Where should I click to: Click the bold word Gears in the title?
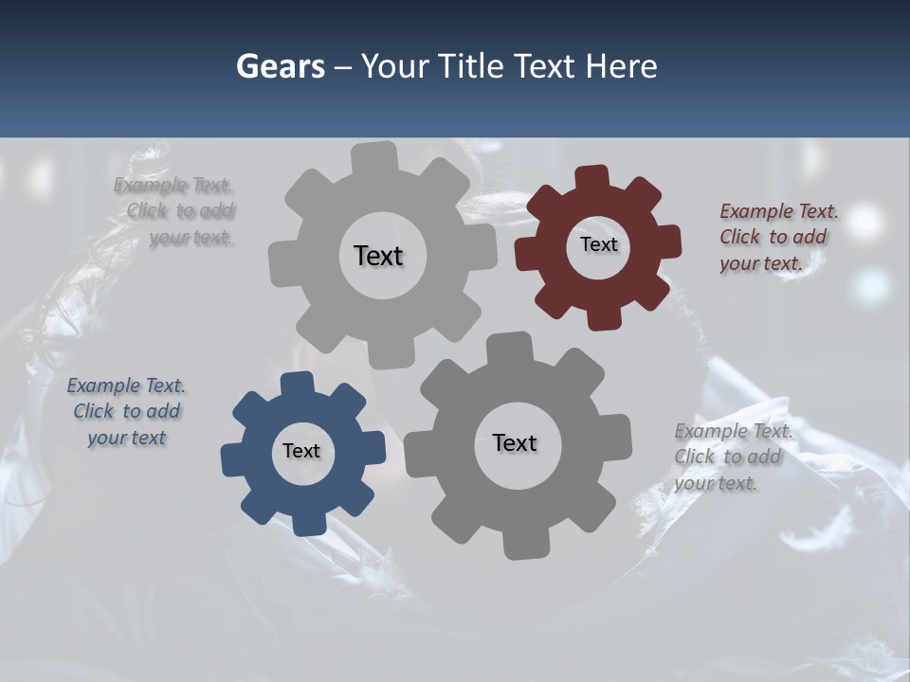[280, 66]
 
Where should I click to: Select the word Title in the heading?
[468, 66]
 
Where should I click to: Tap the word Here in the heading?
[621, 66]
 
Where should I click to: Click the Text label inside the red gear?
[598, 244]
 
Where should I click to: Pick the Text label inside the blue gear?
[301, 451]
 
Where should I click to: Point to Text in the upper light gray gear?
[378, 256]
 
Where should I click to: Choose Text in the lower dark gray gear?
[515, 442]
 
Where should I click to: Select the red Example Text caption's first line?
[778, 211]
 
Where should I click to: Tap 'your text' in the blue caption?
[126, 438]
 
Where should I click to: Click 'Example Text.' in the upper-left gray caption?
[173, 185]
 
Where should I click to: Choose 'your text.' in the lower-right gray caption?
[716, 483]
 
